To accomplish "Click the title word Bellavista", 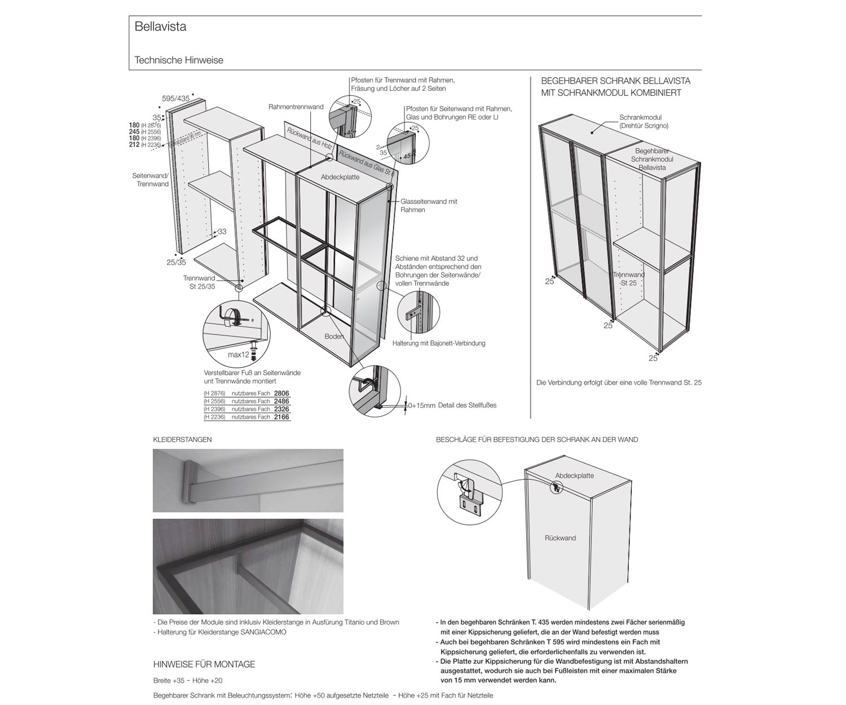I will (x=160, y=27).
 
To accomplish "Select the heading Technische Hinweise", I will (x=179, y=60).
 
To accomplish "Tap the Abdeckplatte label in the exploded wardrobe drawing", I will (x=340, y=177).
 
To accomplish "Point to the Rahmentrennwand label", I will (x=296, y=107).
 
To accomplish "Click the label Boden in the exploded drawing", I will (x=334, y=337).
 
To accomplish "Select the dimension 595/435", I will (x=176, y=98).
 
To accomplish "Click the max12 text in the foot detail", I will (x=238, y=355).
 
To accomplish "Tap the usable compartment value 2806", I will (x=281, y=393).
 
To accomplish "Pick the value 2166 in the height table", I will (x=281, y=417).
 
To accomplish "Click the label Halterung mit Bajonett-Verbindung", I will (x=439, y=343).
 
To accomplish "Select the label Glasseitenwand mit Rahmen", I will (x=429, y=205).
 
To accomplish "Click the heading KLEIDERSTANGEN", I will (x=182, y=439).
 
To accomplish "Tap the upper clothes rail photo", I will (x=248, y=480).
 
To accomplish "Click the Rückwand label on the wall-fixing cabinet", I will (x=560, y=538).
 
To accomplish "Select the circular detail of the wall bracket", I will (x=469, y=490).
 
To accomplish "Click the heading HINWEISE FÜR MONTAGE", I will (x=204, y=664).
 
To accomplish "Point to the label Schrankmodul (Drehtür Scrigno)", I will (x=644, y=122).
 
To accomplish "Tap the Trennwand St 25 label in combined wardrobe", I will (x=628, y=279).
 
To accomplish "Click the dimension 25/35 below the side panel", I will (x=176, y=262).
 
